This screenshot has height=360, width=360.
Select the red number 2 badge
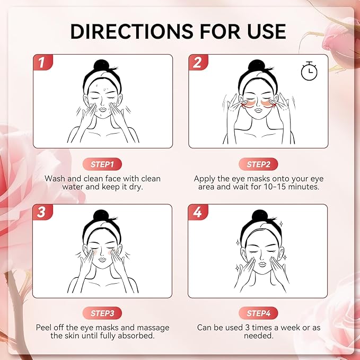(198, 63)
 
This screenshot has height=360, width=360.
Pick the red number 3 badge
(42, 213)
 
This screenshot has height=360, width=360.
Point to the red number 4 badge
(198, 213)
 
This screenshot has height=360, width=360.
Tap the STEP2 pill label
(258, 164)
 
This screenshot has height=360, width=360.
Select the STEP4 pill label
(258, 313)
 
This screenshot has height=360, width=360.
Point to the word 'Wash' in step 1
(56, 179)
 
